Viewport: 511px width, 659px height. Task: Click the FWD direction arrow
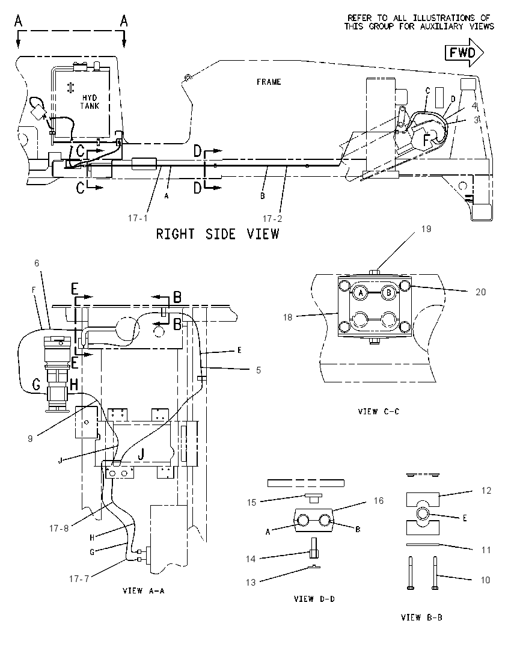tap(464, 52)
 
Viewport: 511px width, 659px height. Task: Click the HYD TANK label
tap(90, 102)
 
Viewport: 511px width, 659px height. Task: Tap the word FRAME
tap(269, 82)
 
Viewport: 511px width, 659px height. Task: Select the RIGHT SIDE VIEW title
tap(218, 234)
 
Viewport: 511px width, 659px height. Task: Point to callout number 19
tap(426, 229)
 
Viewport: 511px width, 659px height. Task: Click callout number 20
tap(481, 292)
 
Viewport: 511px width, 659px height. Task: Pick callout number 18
tap(287, 317)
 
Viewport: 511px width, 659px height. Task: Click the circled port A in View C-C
tap(360, 292)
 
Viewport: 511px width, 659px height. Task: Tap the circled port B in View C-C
tap(389, 292)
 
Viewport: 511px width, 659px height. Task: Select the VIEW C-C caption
tap(379, 411)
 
